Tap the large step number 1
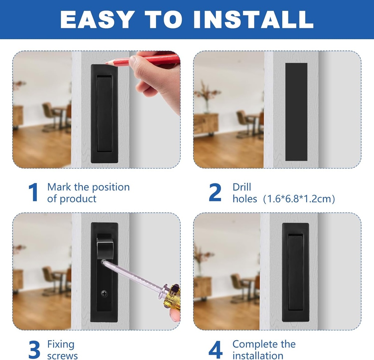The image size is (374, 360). pyautogui.click(x=34, y=193)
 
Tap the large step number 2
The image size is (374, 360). pyautogui.click(x=215, y=193)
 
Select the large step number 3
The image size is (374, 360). pyautogui.click(x=34, y=350)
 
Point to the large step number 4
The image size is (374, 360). pyautogui.click(x=215, y=350)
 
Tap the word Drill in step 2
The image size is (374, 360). pyautogui.click(x=242, y=187)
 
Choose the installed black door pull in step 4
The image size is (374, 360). pyautogui.click(x=295, y=272)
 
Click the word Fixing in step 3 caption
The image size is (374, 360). pyautogui.click(x=61, y=344)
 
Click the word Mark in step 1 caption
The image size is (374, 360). pyautogui.click(x=59, y=187)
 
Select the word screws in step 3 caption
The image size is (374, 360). pyautogui.click(x=62, y=356)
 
